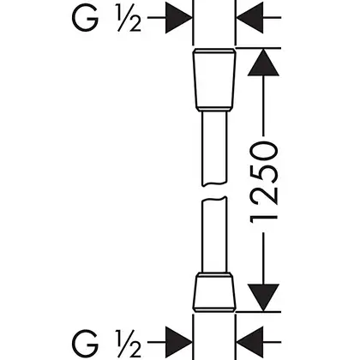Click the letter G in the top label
coord(85,18)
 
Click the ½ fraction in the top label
coord(129,18)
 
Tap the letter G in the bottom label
coord(85,342)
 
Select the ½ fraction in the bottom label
coord(129,342)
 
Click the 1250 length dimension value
coord(264,182)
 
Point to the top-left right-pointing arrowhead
coord(179,18)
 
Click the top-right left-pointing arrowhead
coord(250,18)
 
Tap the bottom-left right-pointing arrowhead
coord(179,342)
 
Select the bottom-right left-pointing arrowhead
coord(250,342)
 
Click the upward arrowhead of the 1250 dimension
coord(263,63)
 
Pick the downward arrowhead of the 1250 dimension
coord(263,297)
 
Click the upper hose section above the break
coord(214,148)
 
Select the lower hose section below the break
coord(214,234)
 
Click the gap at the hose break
coord(214,191)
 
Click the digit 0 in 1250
coord(264,151)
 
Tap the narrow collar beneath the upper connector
coord(214,110)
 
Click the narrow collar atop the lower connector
coord(214,275)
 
